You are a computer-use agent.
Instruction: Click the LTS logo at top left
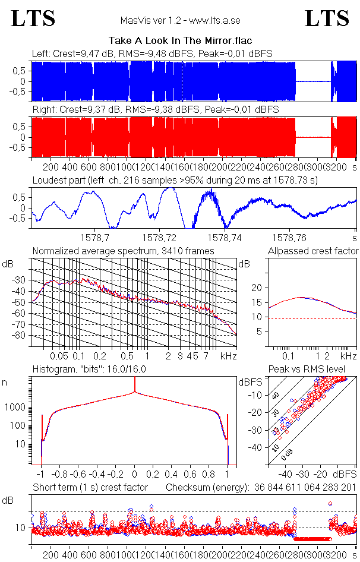tap(33, 18)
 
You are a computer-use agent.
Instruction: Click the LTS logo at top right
tap(327, 18)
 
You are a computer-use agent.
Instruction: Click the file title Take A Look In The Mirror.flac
tap(179, 41)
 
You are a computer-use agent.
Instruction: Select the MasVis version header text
tap(179, 20)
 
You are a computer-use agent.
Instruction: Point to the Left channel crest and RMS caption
tap(152, 54)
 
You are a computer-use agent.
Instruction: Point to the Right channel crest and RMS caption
tap(154, 110)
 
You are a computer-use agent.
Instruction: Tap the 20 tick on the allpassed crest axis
tap(258, 288)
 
